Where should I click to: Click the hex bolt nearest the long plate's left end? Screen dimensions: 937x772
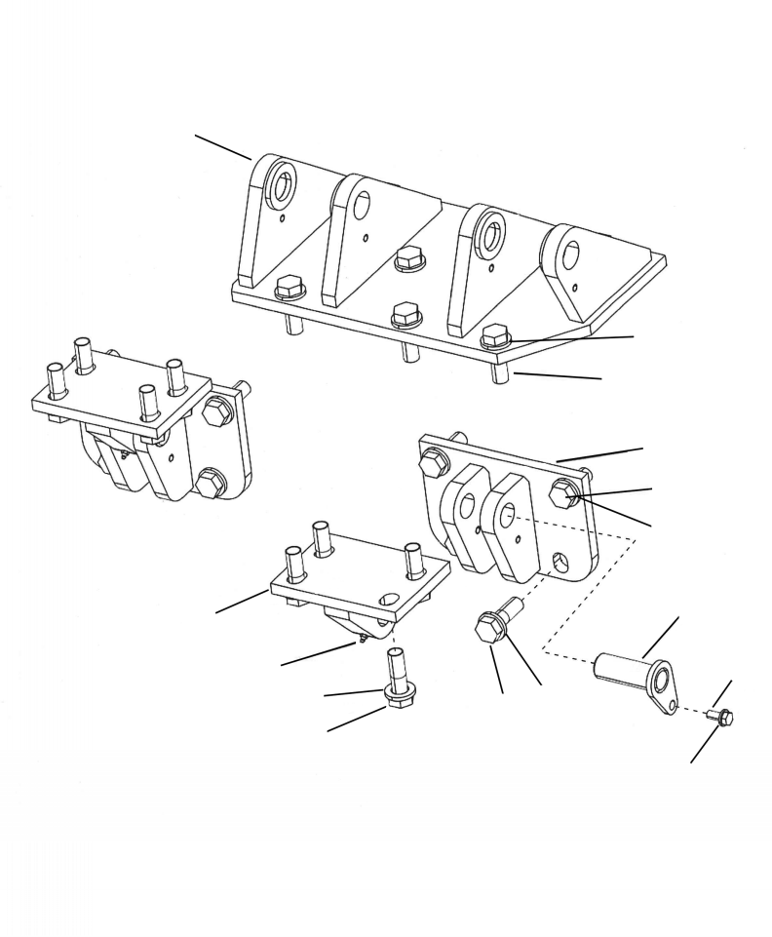(x=289, y=288)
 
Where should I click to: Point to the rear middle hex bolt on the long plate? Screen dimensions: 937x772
(x=409, y=258)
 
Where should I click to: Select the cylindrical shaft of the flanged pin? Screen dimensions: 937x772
(x=624, y=667)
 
